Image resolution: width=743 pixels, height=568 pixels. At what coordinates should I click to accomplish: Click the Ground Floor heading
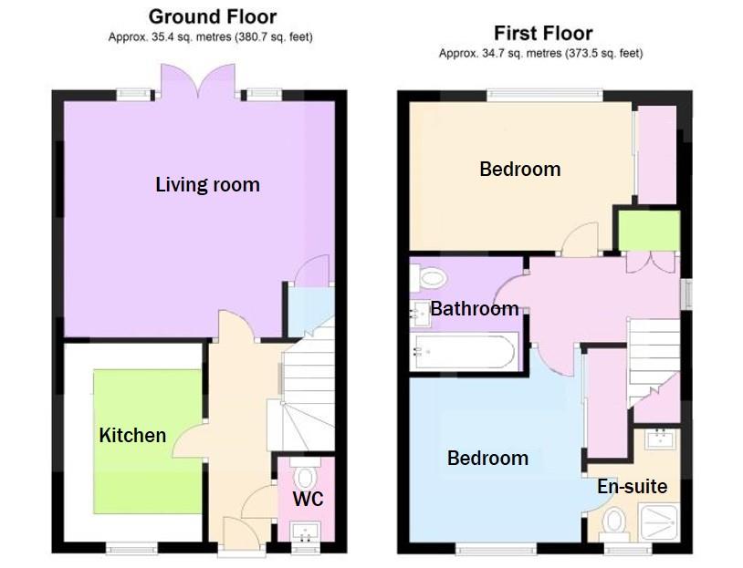[212, 16]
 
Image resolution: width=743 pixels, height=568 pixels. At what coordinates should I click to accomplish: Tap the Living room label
[207, 185]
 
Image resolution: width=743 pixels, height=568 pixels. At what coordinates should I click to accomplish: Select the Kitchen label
[132, 435]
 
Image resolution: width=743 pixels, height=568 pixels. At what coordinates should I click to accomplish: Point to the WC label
[308, 500]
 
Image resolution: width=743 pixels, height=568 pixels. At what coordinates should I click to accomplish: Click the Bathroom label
[475, 309]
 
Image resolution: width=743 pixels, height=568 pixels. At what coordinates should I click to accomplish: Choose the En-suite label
[632, 487]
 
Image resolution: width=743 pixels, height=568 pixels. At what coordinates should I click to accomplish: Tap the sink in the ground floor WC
[305, 531]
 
